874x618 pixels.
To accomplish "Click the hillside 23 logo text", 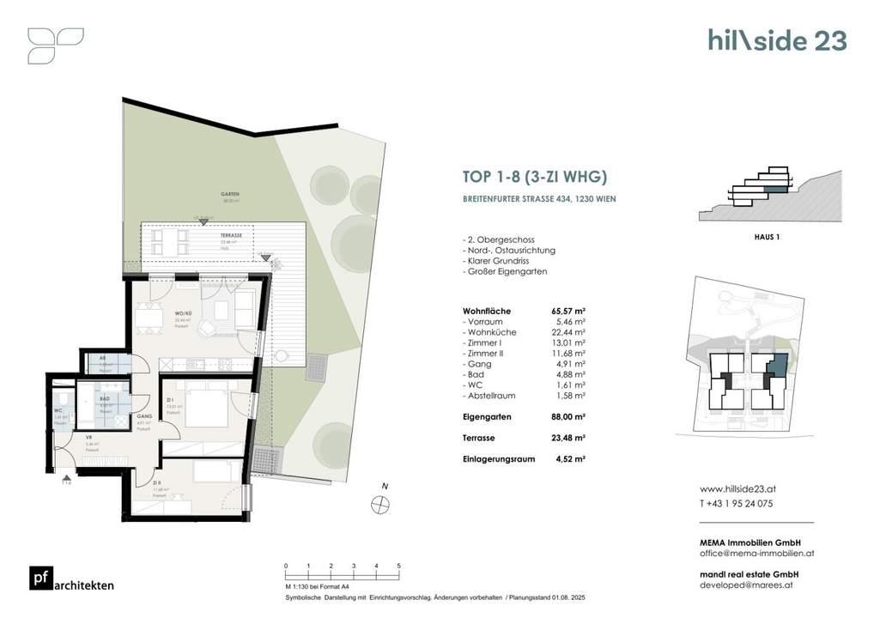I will coord(776,40).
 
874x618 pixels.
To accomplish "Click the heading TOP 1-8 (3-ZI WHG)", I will coord(535,178).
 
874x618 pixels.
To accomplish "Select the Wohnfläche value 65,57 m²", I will coord(567,311).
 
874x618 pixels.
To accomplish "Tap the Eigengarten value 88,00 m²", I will coord(567,416).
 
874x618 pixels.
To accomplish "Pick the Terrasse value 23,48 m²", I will coord(567,438).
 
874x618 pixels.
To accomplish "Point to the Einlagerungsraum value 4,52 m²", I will coord(570,458).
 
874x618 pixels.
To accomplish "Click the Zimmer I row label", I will coord(487,353).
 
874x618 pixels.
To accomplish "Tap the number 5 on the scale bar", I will coord(398,566).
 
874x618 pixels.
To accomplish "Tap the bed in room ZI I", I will coord(205,407).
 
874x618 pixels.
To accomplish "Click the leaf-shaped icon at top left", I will coord(55,45).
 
